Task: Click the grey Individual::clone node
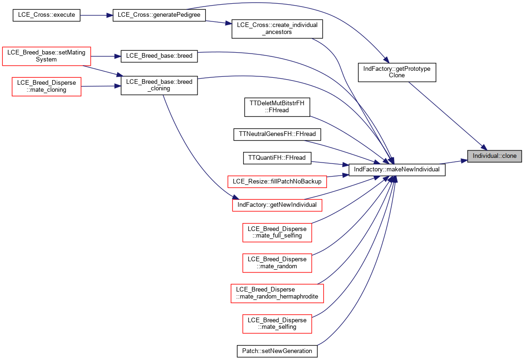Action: coord(494,156)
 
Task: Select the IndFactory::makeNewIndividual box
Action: coord(397,170)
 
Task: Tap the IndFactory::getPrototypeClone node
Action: coord(397,72)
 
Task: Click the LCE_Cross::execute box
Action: coord(47,15)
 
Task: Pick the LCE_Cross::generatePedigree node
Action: coord(159,15)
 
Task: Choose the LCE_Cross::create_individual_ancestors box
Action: coord(277,28)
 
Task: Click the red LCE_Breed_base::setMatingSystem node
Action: coord(47,56)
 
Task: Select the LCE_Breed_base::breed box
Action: coord(159,56)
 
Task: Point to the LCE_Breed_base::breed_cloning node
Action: coord(159,85)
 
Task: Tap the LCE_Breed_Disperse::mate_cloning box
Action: coord(47,87)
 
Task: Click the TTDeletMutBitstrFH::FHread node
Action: coord(277,107)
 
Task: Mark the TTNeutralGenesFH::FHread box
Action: coord(277,135)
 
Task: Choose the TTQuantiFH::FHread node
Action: coord(277,158)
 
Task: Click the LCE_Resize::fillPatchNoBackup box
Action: coord(277,182)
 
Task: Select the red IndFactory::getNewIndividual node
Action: coord(277,205)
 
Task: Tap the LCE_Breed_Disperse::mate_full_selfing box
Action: coord(277,232)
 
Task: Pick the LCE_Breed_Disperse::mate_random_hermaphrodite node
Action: coord(277,293)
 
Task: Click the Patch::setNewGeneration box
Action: coord(277,351)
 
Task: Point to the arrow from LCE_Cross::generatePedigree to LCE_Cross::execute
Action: coord(96,15)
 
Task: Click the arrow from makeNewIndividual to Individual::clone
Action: coord(453,162)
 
